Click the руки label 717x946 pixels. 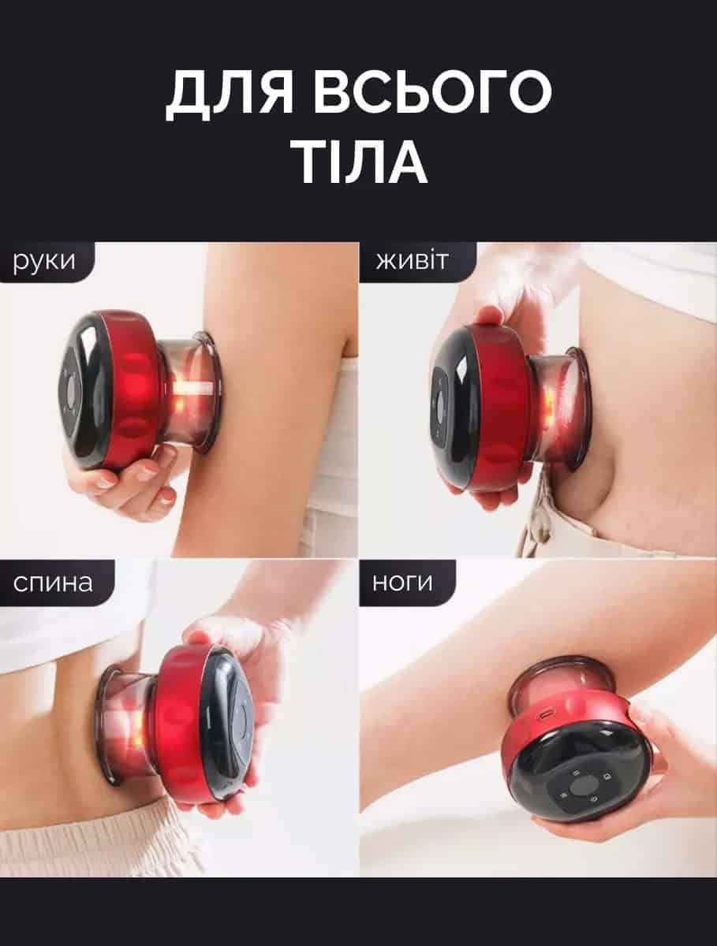44,263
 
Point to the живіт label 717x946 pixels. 412,261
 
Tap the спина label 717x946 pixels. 53,583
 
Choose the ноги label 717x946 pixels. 402,583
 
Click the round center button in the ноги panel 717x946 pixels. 581,788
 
